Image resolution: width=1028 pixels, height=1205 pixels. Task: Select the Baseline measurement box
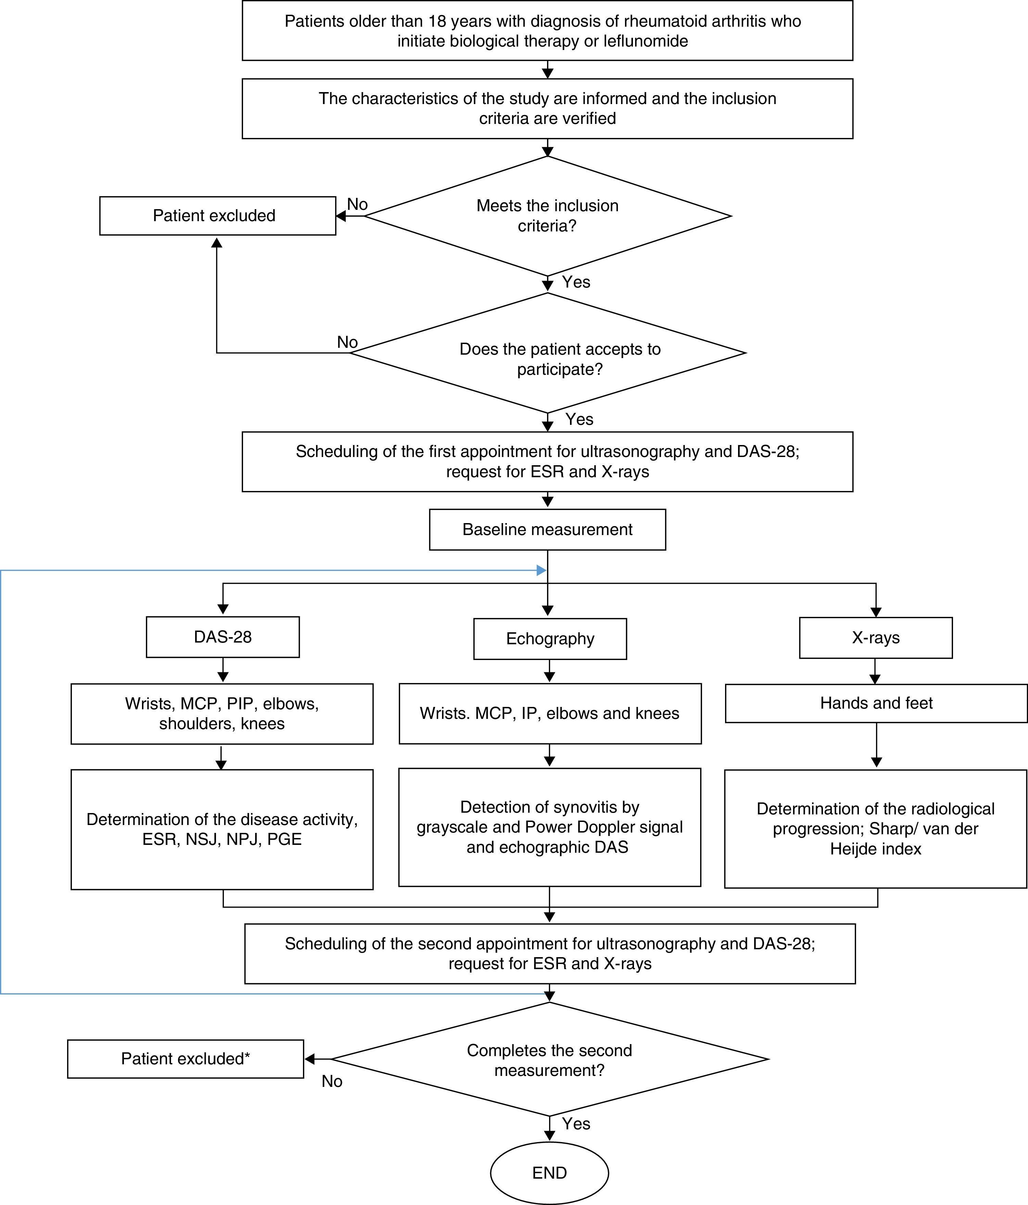[x=547, y=529]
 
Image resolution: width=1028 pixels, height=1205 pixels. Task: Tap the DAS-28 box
[x=223, y=637]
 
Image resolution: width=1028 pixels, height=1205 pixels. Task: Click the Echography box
[x=550, y=638]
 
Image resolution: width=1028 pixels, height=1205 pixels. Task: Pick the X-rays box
[x=876, y=637]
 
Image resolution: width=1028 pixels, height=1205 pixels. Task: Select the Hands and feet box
[x=876, y=703]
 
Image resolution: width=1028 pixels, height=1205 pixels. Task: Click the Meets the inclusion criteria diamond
[x=547, y=216]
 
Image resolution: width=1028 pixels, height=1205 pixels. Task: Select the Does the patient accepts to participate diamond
[x=547, y=352]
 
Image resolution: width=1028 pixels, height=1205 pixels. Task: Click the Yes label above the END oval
[x=576, y=1124]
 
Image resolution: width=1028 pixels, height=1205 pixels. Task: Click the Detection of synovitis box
[x=549, y=827]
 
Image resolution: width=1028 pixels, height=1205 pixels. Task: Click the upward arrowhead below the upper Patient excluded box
[x=217, y=242]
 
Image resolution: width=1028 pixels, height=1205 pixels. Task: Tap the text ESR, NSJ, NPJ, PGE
[x=222, y=839]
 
